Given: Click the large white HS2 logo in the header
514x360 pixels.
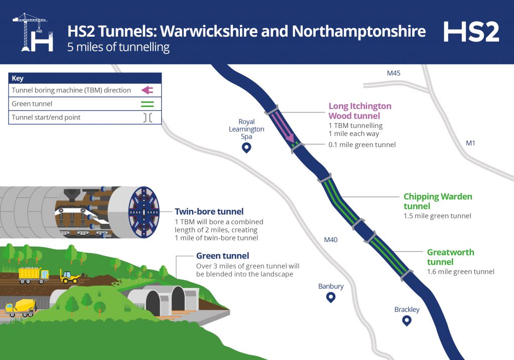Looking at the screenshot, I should click(471, 32).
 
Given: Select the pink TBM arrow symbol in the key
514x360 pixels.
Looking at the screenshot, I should click(147, 90).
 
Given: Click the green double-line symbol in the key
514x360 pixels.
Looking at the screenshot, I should click(147, 104).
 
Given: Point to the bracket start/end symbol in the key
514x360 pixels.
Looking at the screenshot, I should click(147, 117).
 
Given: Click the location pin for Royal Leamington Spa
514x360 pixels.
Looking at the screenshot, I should click(246, 148).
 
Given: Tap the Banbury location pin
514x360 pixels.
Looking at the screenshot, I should click(330, 298).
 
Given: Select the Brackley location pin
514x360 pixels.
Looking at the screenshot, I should click(407, 321).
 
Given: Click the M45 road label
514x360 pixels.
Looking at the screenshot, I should click(394, 73).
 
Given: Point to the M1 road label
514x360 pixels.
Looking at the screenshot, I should click(470, 144).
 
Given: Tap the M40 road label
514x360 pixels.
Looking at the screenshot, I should click(331, 240).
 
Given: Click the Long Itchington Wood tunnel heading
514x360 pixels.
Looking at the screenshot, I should click(359, 111).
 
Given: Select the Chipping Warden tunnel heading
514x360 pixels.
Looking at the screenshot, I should click(438, 201).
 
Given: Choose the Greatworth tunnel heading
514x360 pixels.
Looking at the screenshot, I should click(450, 257).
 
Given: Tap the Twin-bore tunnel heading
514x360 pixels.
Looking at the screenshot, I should click(209, 212).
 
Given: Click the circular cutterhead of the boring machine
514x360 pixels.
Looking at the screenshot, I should click(144, 211).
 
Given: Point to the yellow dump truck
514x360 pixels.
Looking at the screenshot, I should click(34, 275).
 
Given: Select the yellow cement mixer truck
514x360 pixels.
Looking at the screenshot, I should click(21, 307).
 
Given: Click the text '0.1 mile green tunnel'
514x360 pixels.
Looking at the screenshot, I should click(361, 145).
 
